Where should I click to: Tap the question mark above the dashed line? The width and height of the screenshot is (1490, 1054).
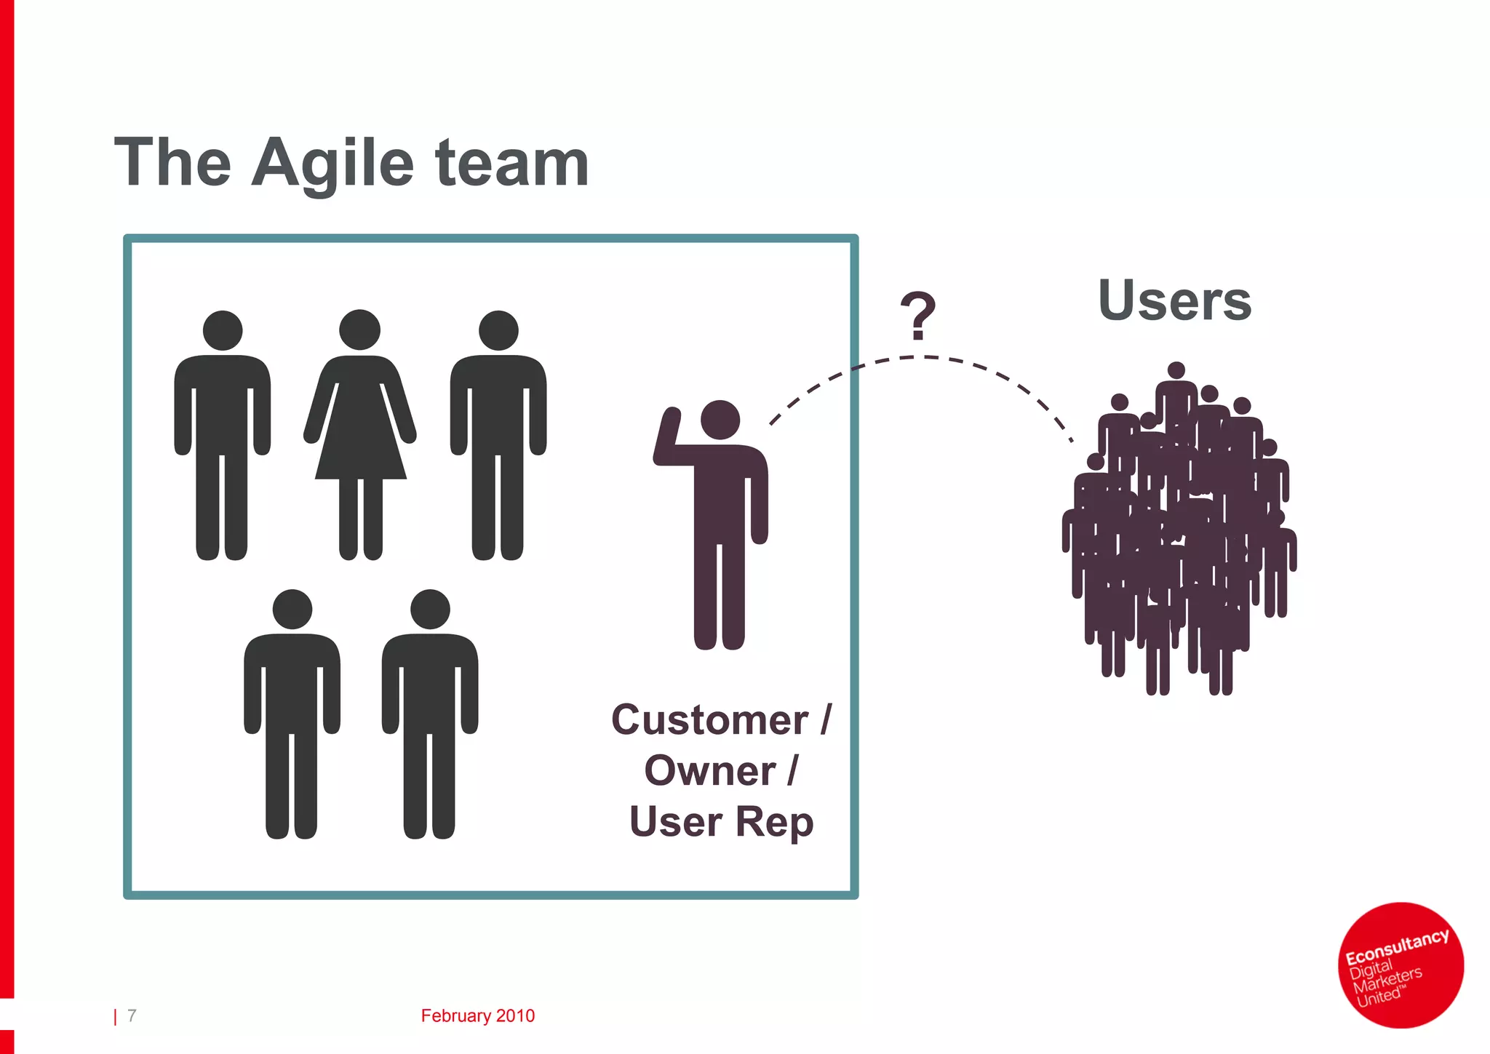pos(917,316)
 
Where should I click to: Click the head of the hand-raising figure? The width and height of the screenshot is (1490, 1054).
pos(720,420)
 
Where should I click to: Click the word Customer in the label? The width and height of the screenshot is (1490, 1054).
pos(709,720)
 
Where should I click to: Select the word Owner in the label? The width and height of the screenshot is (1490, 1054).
pos(709,771)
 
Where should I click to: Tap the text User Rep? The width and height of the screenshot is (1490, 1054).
pos(721,822)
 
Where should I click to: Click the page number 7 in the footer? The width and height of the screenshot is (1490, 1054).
pos(132,1015)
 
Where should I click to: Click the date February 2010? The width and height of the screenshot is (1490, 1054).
pos(477,1015)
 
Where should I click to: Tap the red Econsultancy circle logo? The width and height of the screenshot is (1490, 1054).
pos(1401,965)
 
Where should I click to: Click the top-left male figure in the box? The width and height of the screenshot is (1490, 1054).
pos(222,436)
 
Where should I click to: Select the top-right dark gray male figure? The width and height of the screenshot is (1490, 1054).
pos(498,436)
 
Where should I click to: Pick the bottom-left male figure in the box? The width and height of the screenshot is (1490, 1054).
pos(292,716)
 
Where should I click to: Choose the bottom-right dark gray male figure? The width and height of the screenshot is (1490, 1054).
pos(430,716)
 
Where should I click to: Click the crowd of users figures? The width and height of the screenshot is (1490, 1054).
pos(1179,531)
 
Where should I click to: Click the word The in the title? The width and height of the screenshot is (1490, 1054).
pos(173,164)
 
